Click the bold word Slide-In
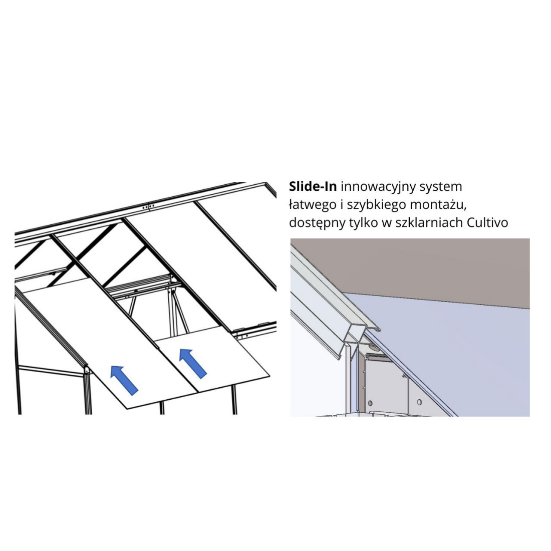coord(313,186)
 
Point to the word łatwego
coord(313,205)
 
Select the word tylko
coord(364,223)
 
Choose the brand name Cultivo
coord(487,223)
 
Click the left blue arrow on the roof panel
coord(124,380)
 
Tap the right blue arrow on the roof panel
coord(193,364)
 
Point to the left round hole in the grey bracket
coord(370,403)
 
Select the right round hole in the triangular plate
coord(419,402)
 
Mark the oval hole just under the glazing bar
coord(373,348)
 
